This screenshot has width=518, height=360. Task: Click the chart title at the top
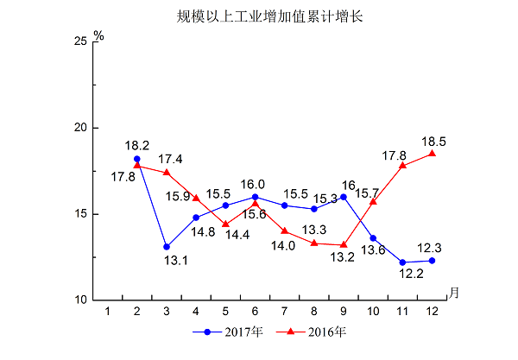point(260,15)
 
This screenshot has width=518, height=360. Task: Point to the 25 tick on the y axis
point(79,41)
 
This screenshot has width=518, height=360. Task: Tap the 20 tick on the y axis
point(79,128)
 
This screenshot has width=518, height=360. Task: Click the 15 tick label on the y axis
point(79,214)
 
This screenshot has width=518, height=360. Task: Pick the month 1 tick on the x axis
point(108,310)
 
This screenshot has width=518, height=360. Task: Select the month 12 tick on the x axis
point(432,310)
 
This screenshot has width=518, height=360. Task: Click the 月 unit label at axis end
point(454,292)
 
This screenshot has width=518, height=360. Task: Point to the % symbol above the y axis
point(99,36)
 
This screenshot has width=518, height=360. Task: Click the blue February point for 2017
point(137,159)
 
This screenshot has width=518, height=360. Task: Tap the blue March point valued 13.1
point(167,247)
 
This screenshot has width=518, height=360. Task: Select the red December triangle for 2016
point(432,154)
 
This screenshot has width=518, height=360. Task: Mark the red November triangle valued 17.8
point(402,165)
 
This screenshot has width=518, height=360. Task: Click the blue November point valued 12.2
point(402,262)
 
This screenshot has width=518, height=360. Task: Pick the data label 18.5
point(433,141)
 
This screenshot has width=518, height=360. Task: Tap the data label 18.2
point(137,146)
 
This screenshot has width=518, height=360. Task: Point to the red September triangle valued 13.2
point(344,244)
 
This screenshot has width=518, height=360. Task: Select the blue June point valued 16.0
point(255,197)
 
